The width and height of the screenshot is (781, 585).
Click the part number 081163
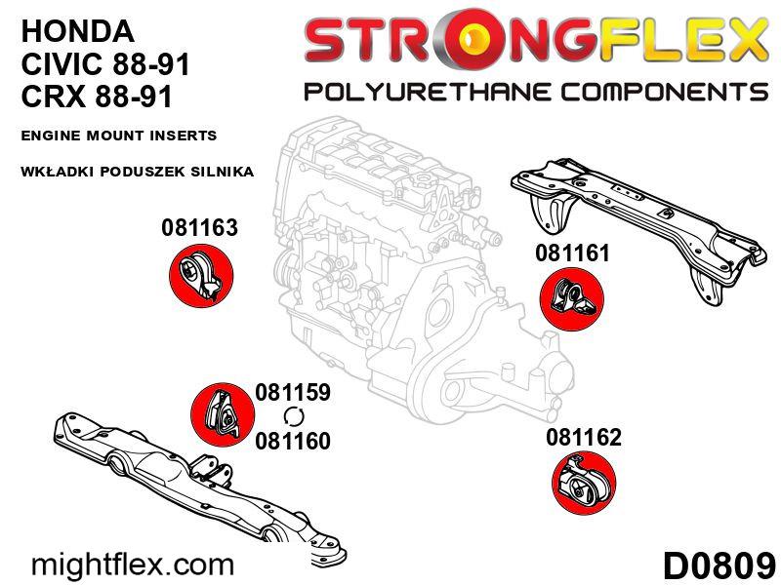pyautogui.click(x=199, y=228)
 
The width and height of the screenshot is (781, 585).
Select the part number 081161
pyautogui.click(x=572, y=253)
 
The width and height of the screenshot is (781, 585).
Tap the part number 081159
pyautogui.click(x=292, y=392)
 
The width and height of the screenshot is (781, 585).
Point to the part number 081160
pyautogui.click(x=292, y=441)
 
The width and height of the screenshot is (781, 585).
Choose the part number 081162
pyautogui.click(x=584, y=437)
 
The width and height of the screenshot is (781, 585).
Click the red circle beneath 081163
pyautogui.click(x=201, y=275)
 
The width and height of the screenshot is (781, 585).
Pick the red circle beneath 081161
pyautogui.click(x=572, y=298)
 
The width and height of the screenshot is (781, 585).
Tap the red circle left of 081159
pyautogui.click(x=223, y=415)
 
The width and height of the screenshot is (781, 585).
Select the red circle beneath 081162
pyautogui.click(x=584, y=483)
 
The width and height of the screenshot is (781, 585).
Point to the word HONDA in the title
pyautogui.click(x=78, y=31)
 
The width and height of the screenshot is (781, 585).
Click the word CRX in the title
pyautogui.click(x=54, y=96)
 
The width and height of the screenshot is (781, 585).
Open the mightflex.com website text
pyautogui.click(x=133, y=565)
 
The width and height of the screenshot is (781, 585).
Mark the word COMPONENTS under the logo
pyautogui.click(x=665, y=93)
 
